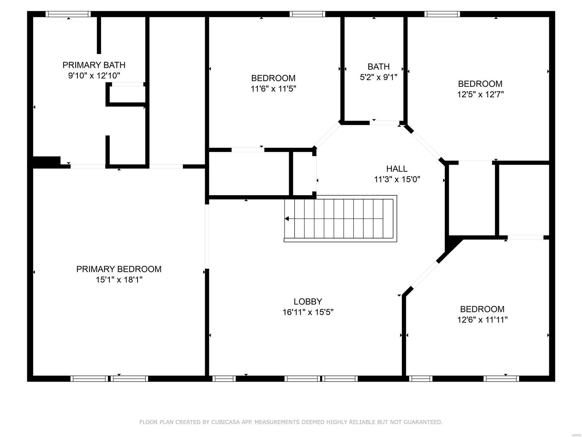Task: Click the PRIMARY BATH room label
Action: [x=94, y=65]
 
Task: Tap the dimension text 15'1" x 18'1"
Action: [x=119, y=280]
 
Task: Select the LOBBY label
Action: [x=308, y=302]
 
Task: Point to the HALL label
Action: [x=396, y=169]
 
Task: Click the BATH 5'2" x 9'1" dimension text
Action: [x=379, y=77]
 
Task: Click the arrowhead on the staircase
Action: [x=287, y=219]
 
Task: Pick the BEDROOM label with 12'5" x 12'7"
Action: [x=480, y=84]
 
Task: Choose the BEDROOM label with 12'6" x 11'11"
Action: [x=482, y=309]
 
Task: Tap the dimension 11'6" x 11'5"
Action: [x=273, y=88]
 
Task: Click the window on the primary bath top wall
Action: [x=68, y=14]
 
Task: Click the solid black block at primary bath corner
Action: [x=46, y=162]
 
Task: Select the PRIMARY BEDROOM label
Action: [x=119, y=269]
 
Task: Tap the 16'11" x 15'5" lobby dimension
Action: [x=308, y=312]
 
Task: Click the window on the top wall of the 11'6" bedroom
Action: [x=307, y=14]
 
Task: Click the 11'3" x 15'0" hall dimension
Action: [x=397, y=179]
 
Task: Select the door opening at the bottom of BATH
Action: [x=384, y=123]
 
